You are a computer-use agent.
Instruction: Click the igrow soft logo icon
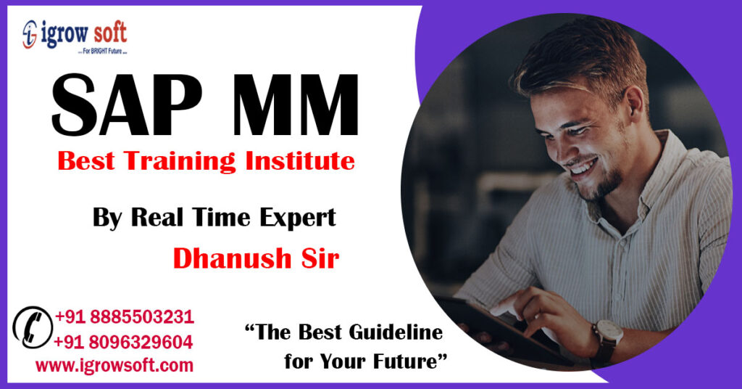[30, 33]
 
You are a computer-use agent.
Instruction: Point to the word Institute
[300, 160]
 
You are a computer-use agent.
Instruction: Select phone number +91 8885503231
[124, 317]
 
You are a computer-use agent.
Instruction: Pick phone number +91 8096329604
[124, 342]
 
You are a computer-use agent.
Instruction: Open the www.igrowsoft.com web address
[114, 365]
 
